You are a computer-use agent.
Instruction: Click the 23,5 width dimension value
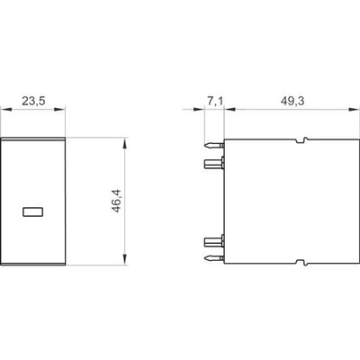pyautogui.click(x=33, y=101)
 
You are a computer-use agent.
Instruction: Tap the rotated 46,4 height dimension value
pyautogui.click(x=116, y=201)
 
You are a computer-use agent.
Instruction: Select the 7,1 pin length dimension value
pyautogui.click(x=215, y=101)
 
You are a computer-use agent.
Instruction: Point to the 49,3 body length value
pyautogui.click(x=292, y=101)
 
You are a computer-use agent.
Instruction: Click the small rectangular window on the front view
pyautogui.click(x=33, y=212)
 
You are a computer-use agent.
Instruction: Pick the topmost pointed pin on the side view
pyautogui.click(x=214, y=146)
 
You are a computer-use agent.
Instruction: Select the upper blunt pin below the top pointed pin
pyautogui.click(x=214, y=164)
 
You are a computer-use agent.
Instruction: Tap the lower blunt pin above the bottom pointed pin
pyautogui.click(x=214, y=241)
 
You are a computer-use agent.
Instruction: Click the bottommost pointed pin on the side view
pyautogui.click(x=214, y=258)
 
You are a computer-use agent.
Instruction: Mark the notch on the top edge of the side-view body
pyautogui.click(x=301, y=140)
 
